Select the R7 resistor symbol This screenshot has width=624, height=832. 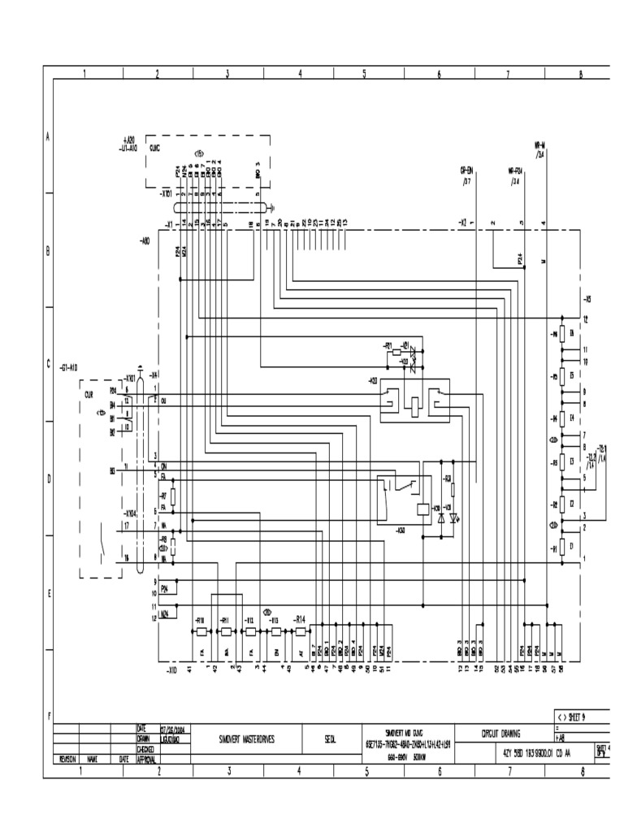click(x=173, y=496)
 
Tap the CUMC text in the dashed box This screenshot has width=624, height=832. click(x=154, y=149)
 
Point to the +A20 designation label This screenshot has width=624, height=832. click(x=128, y=140)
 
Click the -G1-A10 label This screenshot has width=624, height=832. click(x=67, y=369)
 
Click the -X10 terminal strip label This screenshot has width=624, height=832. click(x=171, y=669)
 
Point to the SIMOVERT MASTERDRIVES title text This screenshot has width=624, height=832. click(x=247, y=739)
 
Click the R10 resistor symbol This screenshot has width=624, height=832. click(x=201, y=630)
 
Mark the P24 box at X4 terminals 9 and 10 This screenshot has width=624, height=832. click(x=165, y=589)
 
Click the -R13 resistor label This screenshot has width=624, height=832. click(x=275, y=620)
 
